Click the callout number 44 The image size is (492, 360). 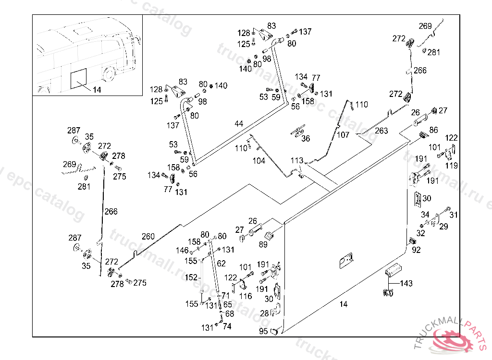pyautogui.click(x=239, y=124)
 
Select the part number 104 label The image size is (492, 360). pyautogui.click(x=258, y=161)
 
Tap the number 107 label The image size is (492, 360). pyautogui.click(x=343, y=135)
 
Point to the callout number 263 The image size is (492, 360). pyautogui.click(x=381, y=131)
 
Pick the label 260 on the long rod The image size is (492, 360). pyautogui.click(x=148, y=236)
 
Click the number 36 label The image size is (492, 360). pyautogui.click(x=306, y=139)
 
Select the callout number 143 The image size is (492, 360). pyautogui.click(x=406, y=284)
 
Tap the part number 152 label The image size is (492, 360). pyautogui.click(x=191, y=277)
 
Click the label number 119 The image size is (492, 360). pyautogui.click(x=452, y=166)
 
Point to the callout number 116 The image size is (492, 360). pyautogui.click(x=246, y=296)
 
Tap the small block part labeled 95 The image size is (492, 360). pyautogui.click(x=275, y=330)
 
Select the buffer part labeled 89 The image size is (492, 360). pyautogui.click(x=269, y=235)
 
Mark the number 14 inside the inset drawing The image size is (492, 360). pyautogui.click(x=97, y=89)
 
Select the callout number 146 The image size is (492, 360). pyautogui.click(x=182, y=251)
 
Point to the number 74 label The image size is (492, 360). pyautogui.click(x=227, y=326)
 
